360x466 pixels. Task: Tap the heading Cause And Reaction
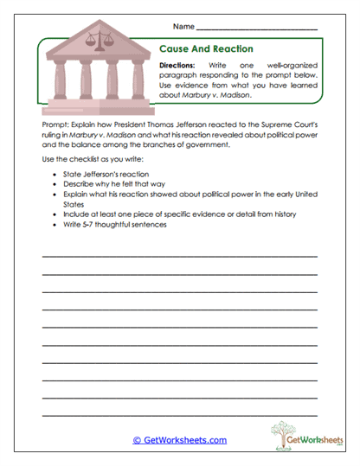(206, 49)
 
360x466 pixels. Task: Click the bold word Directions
(178, 66)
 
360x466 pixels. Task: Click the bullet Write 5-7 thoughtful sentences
(114, 225)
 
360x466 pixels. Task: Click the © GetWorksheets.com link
(179, 440)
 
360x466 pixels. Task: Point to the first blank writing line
(179, 257)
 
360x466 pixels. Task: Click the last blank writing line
(179, 418)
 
